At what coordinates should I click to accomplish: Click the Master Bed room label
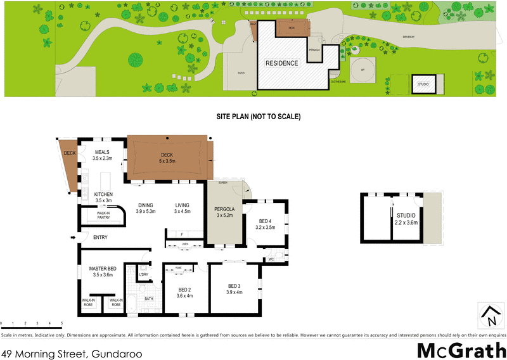(102, 268)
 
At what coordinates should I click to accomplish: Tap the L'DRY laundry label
(144, 274)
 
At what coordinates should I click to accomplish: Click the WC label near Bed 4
(271, 259)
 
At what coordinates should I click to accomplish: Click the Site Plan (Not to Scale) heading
(258, 117)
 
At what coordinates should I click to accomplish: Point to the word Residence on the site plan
(281, 63)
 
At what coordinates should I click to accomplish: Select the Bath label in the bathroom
(149, 299)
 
